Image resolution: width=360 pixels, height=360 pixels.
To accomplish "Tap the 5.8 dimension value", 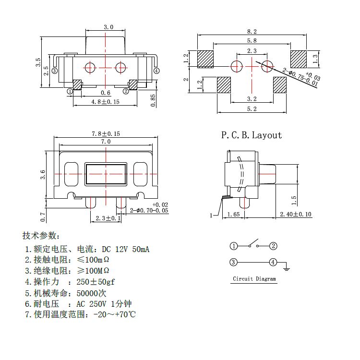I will click(252, 41).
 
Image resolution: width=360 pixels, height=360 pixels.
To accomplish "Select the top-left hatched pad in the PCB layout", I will click(205, 59).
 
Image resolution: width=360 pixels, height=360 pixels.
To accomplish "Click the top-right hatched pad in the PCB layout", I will click(298, 59).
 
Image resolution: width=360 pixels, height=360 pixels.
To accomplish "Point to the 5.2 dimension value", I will click(252, 109).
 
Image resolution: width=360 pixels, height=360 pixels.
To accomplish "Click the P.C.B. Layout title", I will click(252, 135).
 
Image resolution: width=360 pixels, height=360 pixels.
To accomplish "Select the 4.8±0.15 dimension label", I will click(106, 101).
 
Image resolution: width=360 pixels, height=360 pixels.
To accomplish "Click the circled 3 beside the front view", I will click(55, 71).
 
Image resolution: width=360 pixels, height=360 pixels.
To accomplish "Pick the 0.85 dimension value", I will click(153, 100).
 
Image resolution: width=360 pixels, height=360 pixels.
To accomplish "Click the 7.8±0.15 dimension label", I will click(106, 133).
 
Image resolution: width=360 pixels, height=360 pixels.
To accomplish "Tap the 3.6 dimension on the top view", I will click(43, 174).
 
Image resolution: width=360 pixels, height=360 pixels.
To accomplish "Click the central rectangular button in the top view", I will click(106, 174).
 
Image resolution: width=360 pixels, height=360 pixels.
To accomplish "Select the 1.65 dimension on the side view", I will click(234, 214).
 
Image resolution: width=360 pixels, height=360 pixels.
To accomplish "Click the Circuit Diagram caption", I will click(254, 279).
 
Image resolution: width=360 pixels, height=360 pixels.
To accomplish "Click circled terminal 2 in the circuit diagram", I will click(273, 246).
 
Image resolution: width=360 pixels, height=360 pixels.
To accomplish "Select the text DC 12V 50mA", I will click(126, 249).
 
